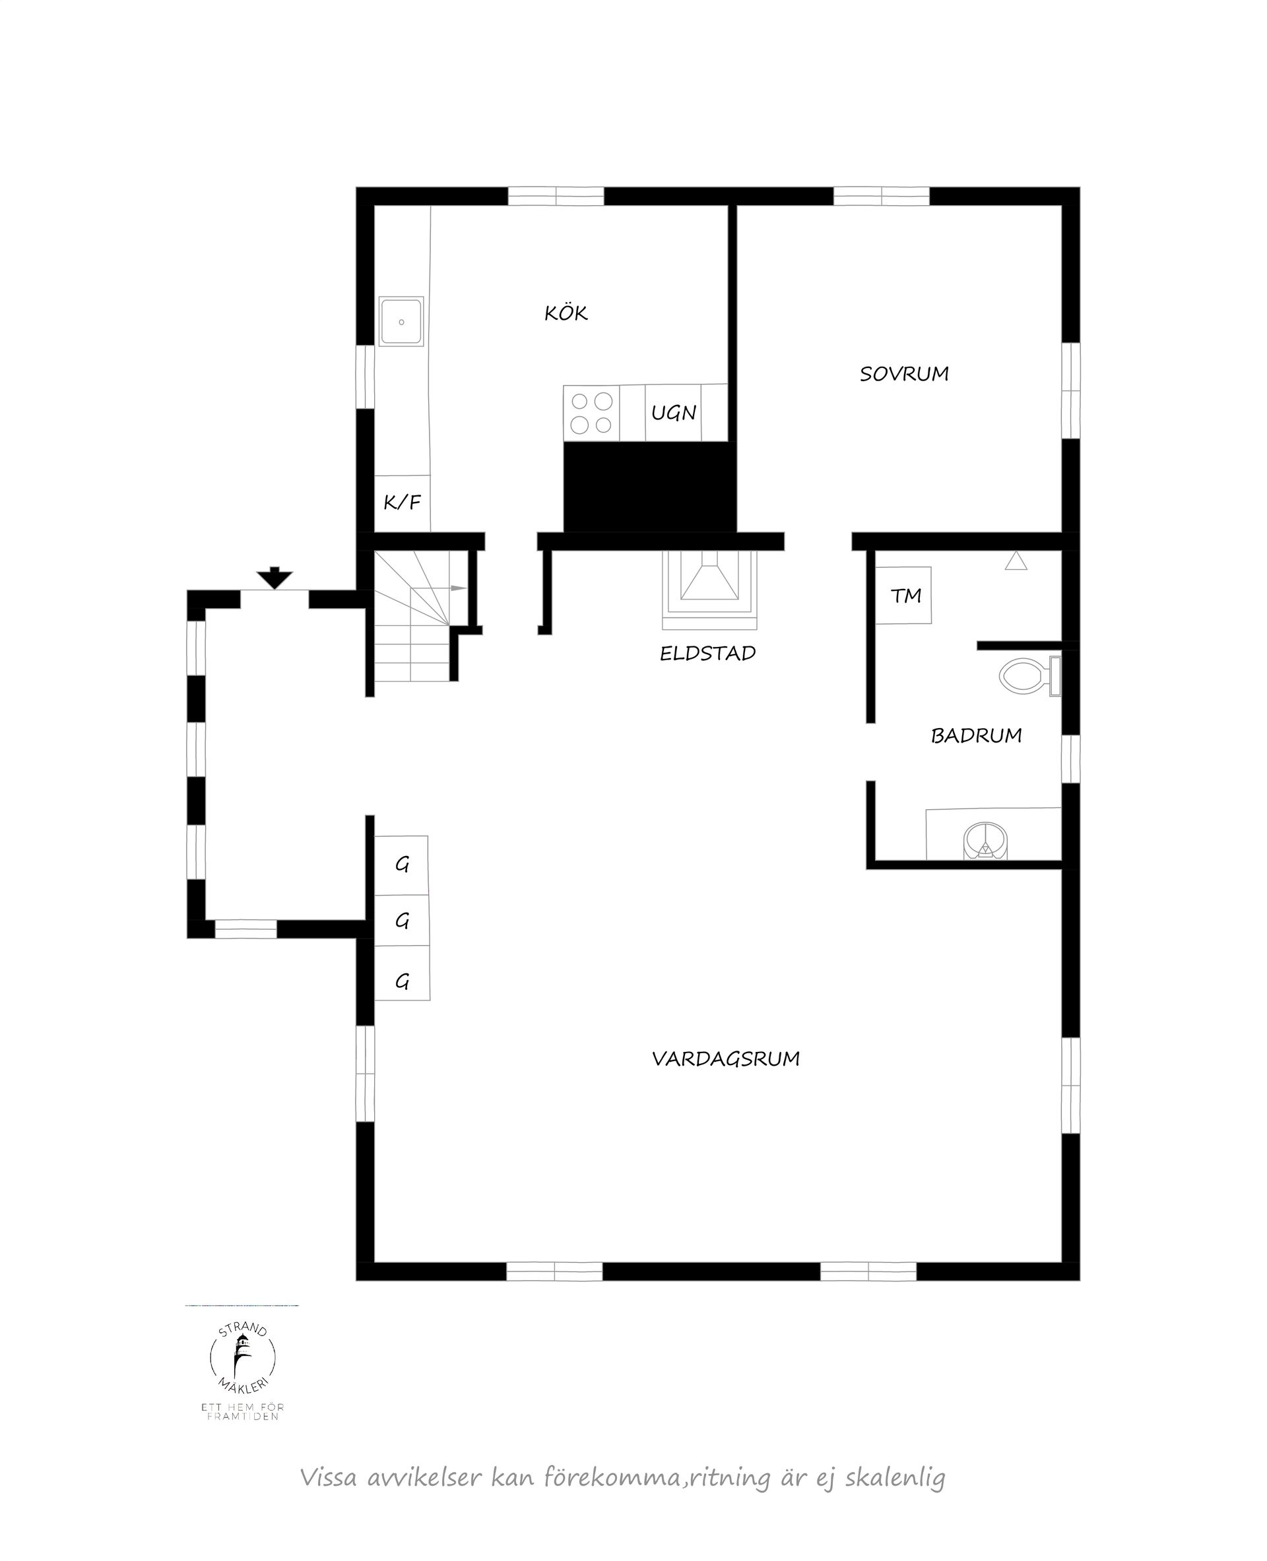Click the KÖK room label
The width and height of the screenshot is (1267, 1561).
(566, 314)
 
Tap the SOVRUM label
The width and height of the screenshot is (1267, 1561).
(903, 374)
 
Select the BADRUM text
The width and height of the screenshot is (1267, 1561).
(976, 735)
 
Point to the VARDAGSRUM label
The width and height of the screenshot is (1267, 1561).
(725, 1059)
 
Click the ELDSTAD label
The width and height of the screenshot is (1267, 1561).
(707, 654)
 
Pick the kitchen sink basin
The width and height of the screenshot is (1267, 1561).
(401, 321)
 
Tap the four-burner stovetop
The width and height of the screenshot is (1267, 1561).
(591, 413)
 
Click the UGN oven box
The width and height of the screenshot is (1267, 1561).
(673, 413)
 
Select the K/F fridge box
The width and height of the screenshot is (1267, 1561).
(402, 503)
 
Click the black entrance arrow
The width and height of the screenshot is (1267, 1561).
(275, 578)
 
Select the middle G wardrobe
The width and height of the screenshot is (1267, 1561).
(401, 921)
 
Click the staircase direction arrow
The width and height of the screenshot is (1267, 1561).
(457, 588)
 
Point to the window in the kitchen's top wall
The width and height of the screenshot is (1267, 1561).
(556, 197)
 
